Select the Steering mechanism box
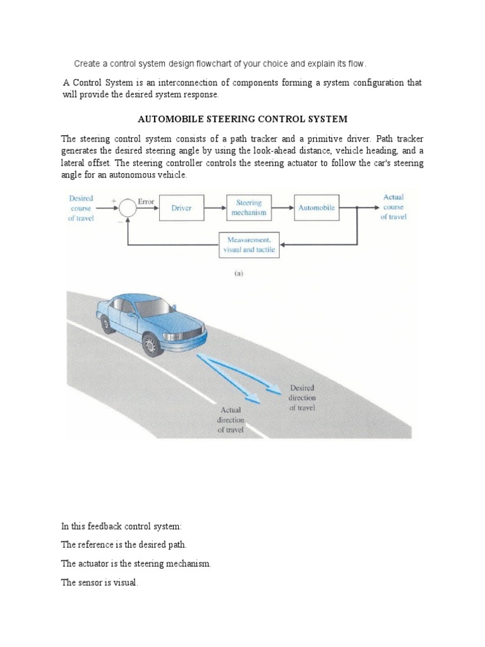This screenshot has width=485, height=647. [x=249, y=208]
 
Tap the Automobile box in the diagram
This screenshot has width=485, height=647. [x=316, y=208]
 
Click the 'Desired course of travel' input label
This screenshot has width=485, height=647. [x=81, y=208]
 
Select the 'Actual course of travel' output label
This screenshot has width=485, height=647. [x=394, y=207]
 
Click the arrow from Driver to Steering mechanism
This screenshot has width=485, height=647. [x=215, y=208]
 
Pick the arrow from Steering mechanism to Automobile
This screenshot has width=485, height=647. [x=282, y=208]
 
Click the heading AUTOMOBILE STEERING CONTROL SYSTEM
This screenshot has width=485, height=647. [x=242, y=119]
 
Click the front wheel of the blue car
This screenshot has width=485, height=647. [x=150, y=345]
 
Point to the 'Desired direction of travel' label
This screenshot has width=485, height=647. [x=302, y=397]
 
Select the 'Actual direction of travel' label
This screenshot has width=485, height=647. [x=231, y=420]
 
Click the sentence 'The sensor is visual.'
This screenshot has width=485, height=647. [x=99, y=583]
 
